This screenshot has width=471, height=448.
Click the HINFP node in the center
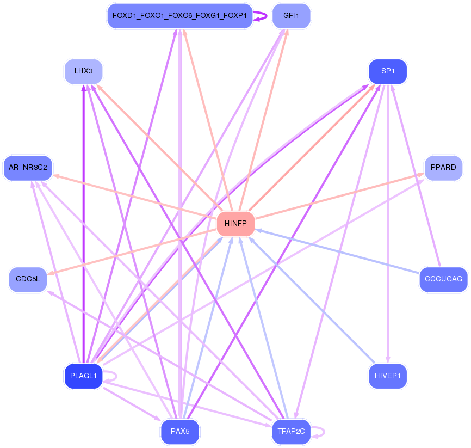[236, 223]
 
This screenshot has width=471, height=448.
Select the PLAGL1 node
[84, 376]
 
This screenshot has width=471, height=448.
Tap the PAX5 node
[180, 432]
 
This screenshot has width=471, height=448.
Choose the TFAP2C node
[291, 432]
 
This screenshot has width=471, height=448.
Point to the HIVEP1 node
[388, 376]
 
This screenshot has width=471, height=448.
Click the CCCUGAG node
[443, 279]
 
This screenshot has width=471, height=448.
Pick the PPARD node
[443, 168]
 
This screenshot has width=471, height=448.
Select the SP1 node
[388, 71]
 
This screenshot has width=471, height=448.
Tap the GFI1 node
[291, 16]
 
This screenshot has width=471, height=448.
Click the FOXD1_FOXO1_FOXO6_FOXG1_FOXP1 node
[180, 16]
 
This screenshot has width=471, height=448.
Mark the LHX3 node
[84, 71]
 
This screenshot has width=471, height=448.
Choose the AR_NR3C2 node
[28, 168]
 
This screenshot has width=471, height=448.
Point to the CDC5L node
[28, 279]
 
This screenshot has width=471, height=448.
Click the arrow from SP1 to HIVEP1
[388, 224]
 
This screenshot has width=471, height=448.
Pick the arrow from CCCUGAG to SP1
[416, 176]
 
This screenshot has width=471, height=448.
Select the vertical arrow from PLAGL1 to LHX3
[84, 224]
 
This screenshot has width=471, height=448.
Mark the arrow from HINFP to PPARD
[340, 196]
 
